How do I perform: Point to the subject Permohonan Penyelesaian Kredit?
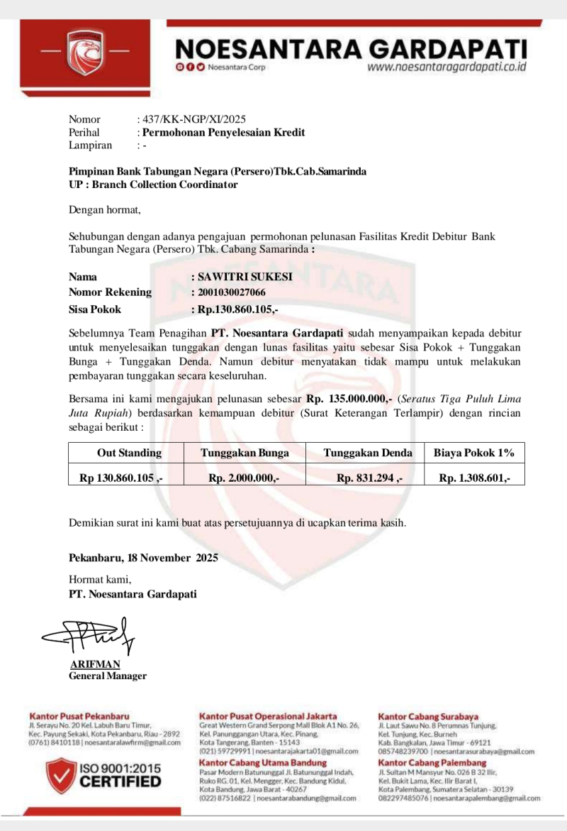223,132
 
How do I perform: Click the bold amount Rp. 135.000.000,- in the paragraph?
349,399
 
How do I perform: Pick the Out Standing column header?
129,453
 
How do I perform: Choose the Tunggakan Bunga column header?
244,453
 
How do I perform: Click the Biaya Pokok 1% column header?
474,453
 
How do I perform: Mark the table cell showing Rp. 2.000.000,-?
244,478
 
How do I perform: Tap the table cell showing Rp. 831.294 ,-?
369,478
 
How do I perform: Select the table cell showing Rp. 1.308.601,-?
474,478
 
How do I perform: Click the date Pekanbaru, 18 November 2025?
143,557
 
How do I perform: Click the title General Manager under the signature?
108,676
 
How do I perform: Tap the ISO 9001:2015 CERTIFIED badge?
104,774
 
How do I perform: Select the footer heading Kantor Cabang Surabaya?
428,717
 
